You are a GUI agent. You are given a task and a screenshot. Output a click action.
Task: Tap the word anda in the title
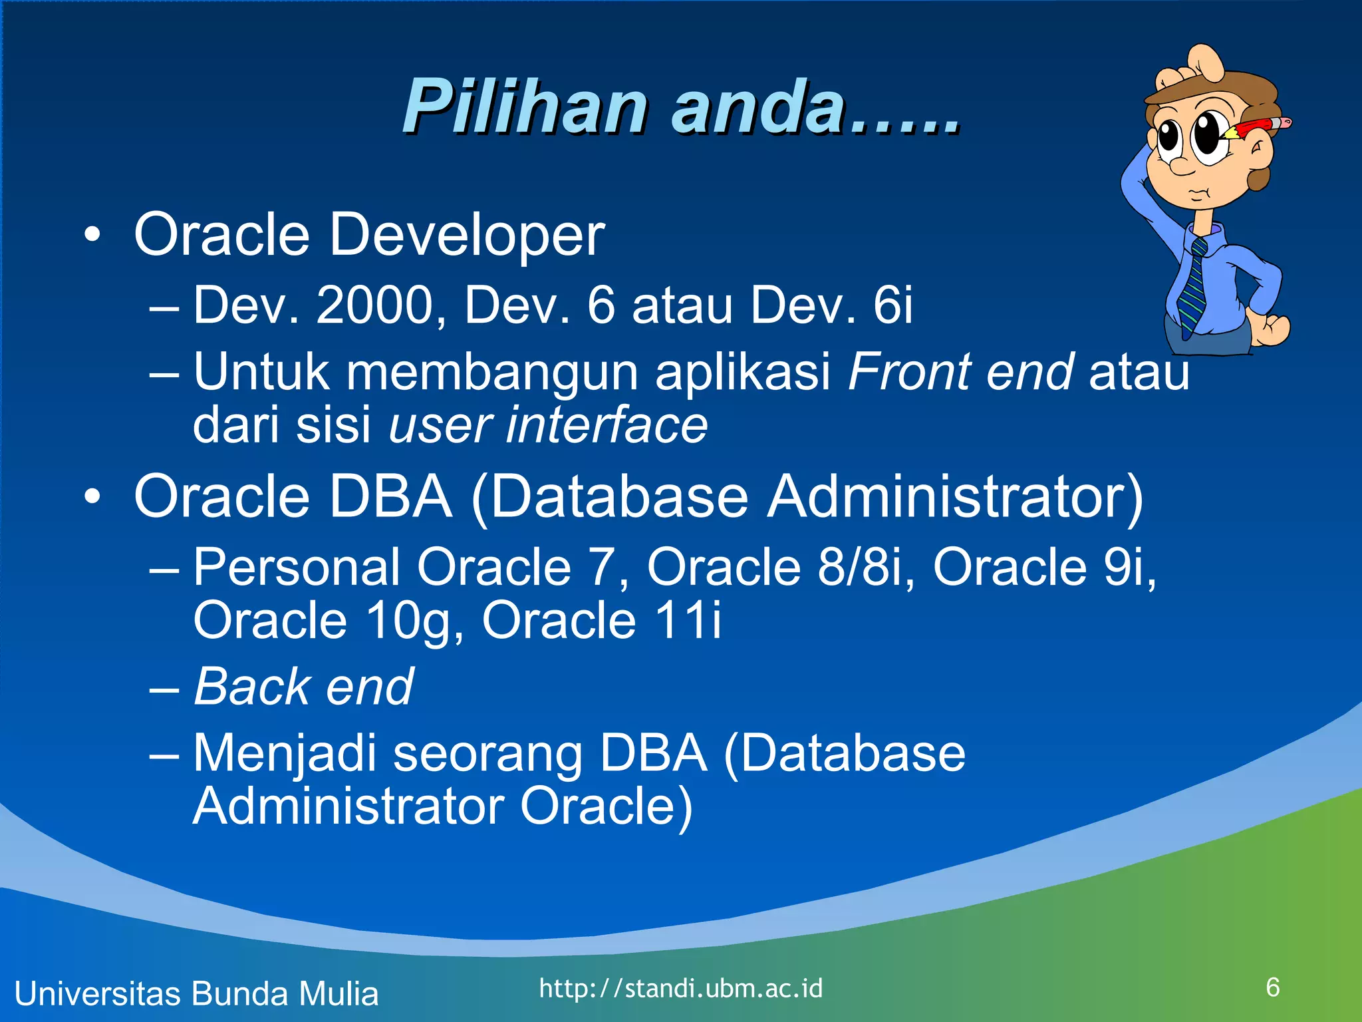(758, 106)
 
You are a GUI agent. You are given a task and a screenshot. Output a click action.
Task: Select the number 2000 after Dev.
(374, 305)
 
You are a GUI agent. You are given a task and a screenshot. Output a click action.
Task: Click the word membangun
(493, 372)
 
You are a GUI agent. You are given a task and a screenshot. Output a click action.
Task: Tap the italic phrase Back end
(303, 686)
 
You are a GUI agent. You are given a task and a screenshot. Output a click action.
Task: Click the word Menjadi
(284, 754)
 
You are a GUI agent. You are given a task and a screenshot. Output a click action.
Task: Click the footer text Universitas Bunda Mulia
(196, 993)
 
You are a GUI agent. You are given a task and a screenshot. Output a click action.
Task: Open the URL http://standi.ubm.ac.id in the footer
(680, 988)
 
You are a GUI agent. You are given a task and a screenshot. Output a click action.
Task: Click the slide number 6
(1273, 987)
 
